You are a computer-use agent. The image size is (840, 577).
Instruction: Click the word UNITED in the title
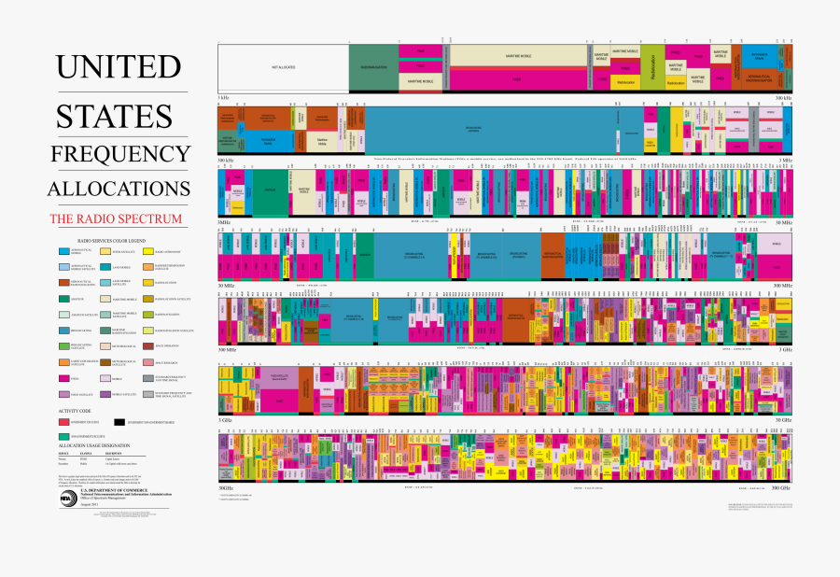[x=118, y=67]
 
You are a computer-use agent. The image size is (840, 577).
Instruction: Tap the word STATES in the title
[x=114, y=116]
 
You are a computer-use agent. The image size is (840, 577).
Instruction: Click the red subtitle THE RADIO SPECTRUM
[x=116, y=219]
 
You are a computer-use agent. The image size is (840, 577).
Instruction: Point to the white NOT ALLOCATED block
[x=283, y=68]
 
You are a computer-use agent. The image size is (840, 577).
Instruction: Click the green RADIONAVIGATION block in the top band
[x=373, y=68]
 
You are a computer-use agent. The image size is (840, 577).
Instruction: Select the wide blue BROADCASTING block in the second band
[x=489, y=130]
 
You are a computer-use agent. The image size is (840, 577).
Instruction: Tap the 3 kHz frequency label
[x=223, y=97]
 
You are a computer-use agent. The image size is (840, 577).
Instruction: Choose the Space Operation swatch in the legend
[x=148, y=346]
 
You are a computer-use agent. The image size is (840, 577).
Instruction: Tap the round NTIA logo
[x=66, y=498]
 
